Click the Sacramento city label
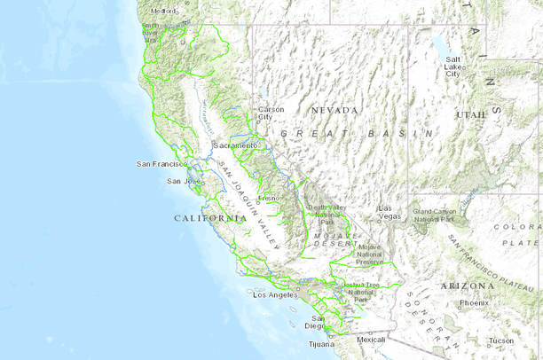[x=235, y=144]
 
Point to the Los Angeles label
[x=274, y=294]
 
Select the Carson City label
[x=271, y=113]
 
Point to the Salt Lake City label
[x=452, y=66]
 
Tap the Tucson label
[x=500, y=340]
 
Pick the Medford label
[x=164, y=11]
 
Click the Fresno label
[x=268, y=198]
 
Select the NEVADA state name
[x=334, y=110]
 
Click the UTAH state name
[x=471, y=115]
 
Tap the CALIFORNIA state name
[x=210, y=218]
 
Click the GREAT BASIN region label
[x=356, y=132]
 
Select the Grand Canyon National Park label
[x=433, y=216]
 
